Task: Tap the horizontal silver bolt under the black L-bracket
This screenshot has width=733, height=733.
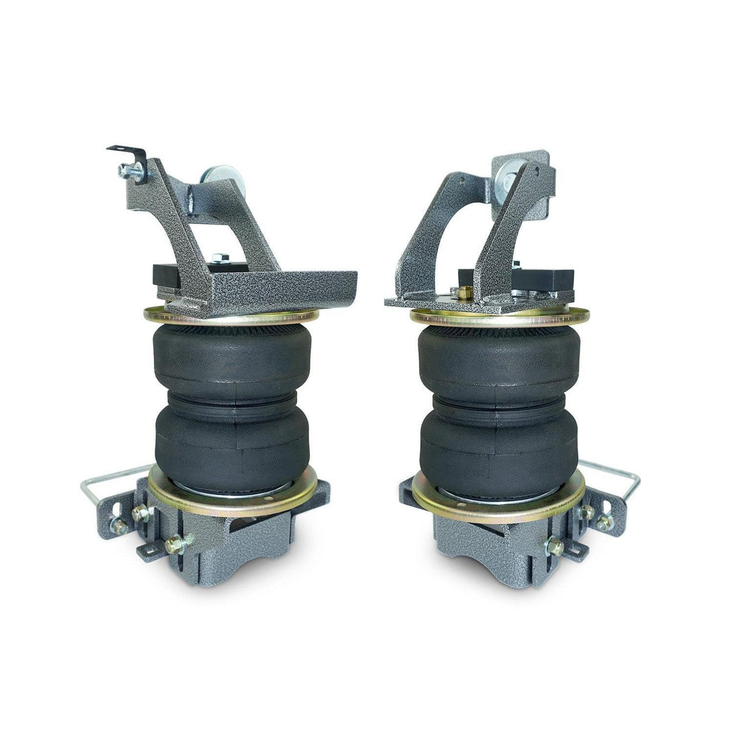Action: (x=130, y=171)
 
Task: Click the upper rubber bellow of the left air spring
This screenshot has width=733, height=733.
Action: (x=232, y=356)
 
